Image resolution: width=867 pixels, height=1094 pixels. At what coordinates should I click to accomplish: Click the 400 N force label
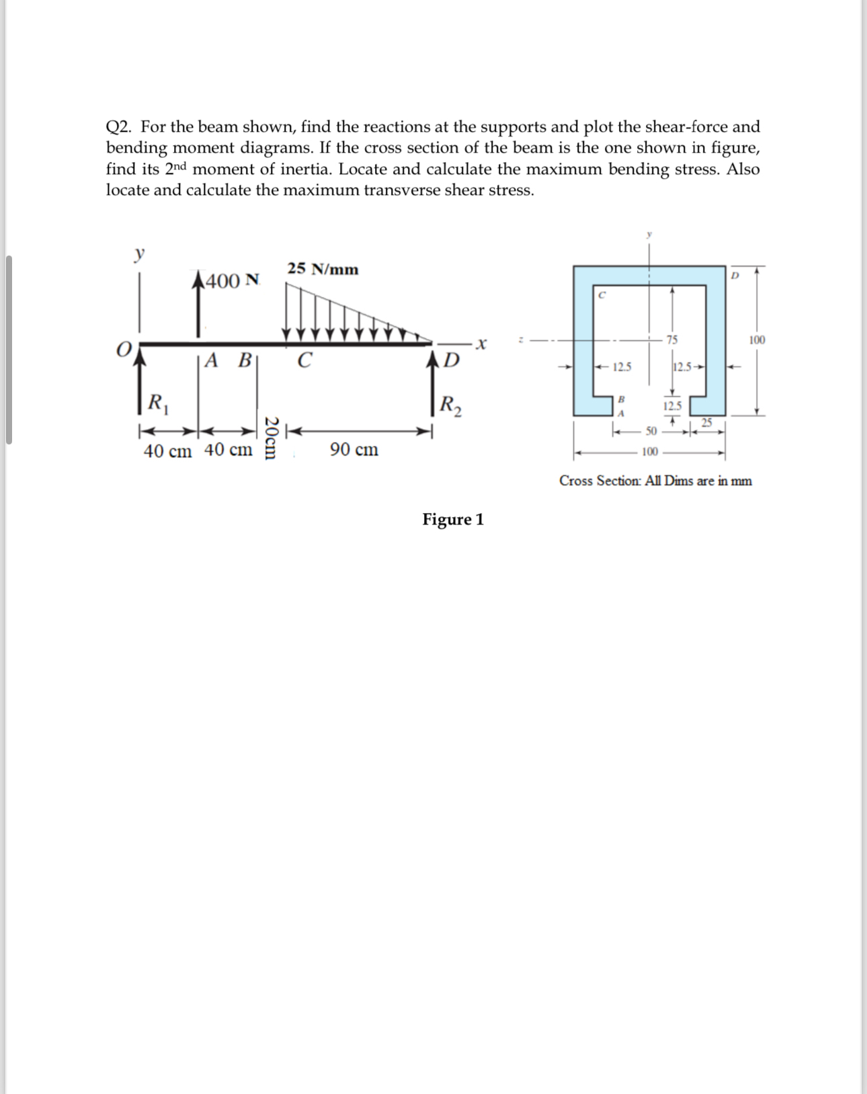pos(232,281)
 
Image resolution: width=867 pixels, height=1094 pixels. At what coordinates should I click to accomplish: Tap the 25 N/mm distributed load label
pos(323,269)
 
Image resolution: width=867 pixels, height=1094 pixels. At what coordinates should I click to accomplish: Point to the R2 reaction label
pos(450,405)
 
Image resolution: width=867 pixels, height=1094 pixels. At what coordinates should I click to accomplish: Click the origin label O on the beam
pos(124,349)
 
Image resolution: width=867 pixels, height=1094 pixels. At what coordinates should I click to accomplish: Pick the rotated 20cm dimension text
pos(271,438)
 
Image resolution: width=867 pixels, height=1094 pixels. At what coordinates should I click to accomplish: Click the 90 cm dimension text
pos(354,449)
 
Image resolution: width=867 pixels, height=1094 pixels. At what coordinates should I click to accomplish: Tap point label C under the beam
pos(304,360)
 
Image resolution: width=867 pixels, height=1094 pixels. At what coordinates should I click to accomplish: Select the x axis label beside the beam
pos(480,344)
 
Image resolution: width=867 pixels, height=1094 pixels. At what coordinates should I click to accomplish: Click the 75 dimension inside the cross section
pos(671,340)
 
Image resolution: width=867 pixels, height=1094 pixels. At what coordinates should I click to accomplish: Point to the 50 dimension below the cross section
pos(651,430)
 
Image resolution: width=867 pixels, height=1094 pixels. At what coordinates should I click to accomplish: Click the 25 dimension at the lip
pos(706,422)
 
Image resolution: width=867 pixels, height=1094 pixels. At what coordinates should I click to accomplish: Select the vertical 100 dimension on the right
pos(757,340)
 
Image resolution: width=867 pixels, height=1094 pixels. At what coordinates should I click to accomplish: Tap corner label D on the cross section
pos(735,276)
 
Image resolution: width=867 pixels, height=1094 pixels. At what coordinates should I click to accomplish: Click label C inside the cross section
pos(602,295)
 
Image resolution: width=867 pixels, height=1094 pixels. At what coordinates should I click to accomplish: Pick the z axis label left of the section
pos(520,340)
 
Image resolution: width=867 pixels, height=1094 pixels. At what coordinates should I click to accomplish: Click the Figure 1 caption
pos(452,519)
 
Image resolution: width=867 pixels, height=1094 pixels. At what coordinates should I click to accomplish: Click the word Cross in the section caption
pos(576,481)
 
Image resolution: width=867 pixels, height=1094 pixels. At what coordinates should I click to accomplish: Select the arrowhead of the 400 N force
pos(198,279)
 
